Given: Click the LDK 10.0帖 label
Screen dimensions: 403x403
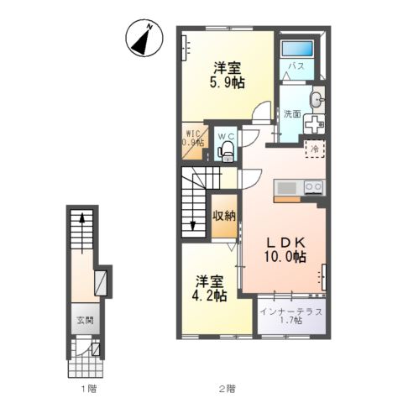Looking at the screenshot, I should pos(282,248).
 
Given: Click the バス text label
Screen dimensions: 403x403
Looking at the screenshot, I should pos(296,65).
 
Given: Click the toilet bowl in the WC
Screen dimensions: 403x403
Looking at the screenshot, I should pos(225,152).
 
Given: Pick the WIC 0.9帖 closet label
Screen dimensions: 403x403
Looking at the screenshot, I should pos(193,138).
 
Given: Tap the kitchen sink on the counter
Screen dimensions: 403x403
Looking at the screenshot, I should pos(286,186).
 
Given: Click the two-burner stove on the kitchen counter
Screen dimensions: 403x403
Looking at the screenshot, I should pos(313,186).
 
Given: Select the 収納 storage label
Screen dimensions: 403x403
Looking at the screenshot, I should pos(223,216).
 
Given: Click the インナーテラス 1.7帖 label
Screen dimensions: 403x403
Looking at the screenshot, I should pos(289,316).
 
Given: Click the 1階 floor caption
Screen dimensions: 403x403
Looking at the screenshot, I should pos(86,388).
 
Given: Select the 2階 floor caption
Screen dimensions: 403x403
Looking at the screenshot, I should pos(226,388).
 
